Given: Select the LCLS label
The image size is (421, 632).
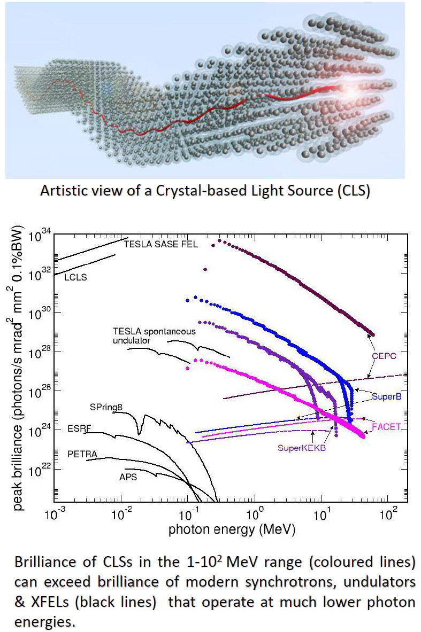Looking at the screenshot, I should [x=75, y=277].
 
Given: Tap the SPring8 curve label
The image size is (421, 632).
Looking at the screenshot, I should [x=106, y=407].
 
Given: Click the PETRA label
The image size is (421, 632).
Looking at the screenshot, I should [x=82, y=454].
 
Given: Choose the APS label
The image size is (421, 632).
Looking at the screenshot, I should [x=128, y=477].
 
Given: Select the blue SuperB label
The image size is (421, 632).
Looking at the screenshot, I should [x=387, y=396].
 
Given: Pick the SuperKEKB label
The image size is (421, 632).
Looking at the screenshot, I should [x=302, y=448].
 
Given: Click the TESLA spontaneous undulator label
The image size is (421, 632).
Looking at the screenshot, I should [x=154, y=335].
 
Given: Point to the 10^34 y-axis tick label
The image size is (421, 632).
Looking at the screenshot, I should [x=41, y=235].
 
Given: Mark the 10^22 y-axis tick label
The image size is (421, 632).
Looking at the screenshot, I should [x=41, y=470].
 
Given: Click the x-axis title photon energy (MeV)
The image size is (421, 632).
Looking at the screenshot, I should [x=232, y=530].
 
